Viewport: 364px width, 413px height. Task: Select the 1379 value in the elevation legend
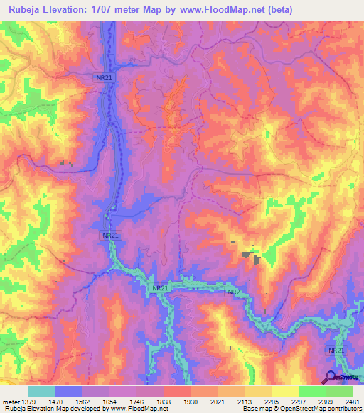(31, 401)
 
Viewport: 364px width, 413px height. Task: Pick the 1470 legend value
(58, 401)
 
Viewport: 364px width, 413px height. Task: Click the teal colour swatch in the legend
(42, 391)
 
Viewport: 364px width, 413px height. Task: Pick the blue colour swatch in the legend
(69, 391)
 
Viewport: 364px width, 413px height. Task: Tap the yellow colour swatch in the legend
(285, 391)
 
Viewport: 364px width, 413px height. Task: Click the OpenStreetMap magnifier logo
(331, 376)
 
